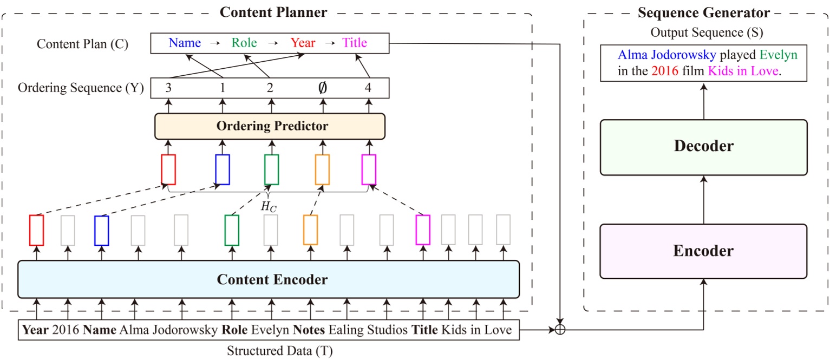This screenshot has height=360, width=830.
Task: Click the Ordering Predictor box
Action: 270,126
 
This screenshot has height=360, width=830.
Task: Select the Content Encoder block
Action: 269,279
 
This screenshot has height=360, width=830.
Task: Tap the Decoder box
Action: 703,147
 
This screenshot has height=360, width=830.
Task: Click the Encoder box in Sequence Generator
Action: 703,251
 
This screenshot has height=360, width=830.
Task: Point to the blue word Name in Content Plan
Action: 185,43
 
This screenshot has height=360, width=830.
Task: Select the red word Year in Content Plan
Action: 303,43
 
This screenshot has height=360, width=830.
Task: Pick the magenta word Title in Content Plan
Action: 355,43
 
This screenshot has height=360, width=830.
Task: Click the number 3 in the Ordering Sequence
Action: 168,87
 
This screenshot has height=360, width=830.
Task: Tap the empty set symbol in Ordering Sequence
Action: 322,88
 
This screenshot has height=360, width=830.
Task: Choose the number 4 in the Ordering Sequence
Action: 369,87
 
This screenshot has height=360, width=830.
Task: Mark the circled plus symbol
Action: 560,329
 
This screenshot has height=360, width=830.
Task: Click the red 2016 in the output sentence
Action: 665,71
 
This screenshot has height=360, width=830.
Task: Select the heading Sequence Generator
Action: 703,12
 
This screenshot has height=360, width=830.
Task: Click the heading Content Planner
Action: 273,12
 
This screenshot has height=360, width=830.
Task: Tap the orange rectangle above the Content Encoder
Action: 310,230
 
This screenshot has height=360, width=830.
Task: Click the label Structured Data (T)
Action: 279,350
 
